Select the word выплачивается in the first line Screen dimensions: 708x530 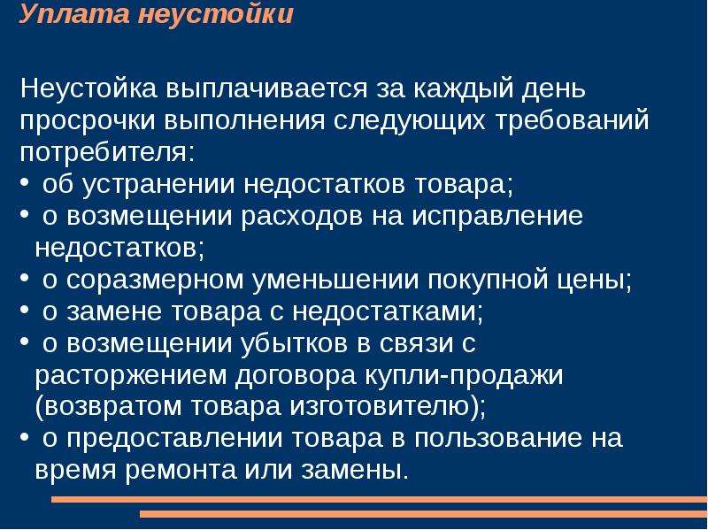[266, 88]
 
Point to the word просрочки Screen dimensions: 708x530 [88, 121]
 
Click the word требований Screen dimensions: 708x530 [572, 119]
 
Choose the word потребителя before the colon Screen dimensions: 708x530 [104, 152]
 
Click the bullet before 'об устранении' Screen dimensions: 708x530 [25, 183]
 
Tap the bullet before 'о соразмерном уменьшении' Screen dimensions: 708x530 [25, 279]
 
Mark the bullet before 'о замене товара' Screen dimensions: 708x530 [25, 311]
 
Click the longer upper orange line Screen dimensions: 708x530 [380, 499]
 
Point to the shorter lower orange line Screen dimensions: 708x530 [424, 514]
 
